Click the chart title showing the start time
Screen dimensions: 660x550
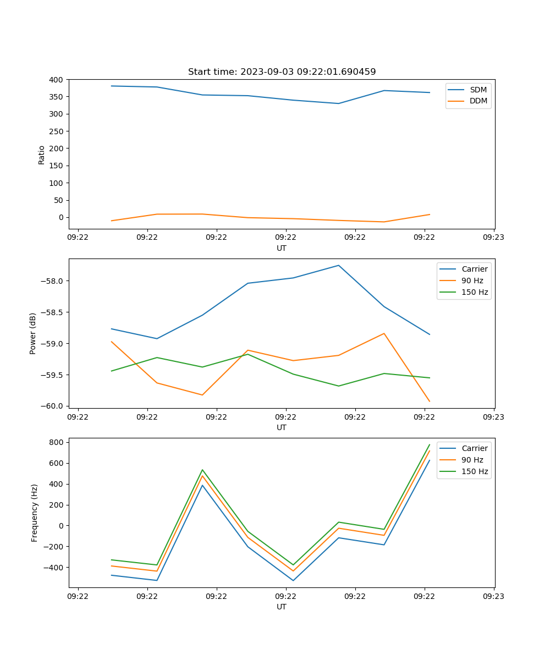(x=282, y=72)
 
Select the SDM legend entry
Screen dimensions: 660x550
(x=478, y=90)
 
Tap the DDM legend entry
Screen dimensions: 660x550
(x=478, y=101)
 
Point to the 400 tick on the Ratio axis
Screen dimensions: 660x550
(x=57, y=80)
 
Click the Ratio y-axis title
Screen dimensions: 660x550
(x=42, y=155)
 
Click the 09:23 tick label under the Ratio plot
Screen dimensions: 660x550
(x=493, y=238)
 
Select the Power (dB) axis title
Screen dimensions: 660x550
(x=33, y=333)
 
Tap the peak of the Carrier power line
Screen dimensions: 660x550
(x=338, y=265)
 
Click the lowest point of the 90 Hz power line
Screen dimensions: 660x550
(x=430, y=402)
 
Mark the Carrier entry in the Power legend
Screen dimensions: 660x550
(x=474, y=269)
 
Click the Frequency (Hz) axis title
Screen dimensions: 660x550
(x=35, y=513)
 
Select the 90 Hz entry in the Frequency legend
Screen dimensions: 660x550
(x=472, y=460)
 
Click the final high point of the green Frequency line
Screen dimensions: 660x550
(x=430, y=444)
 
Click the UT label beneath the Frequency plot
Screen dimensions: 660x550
(x=282, y=607)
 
